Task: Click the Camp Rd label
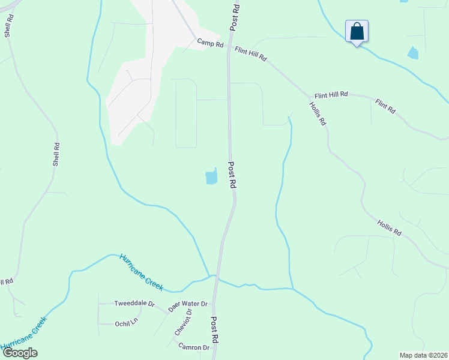(x=210, y=43)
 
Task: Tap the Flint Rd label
(x=385, y=107)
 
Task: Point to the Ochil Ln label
(x=127, y=324)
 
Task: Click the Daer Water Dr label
(x=187, y=307)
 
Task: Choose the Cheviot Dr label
(x=182, y=322)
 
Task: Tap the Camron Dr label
(x=194, y=347)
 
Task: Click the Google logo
(x=20, y=353)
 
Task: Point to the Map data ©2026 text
(x=423, y=355)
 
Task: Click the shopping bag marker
(x=357, y=32)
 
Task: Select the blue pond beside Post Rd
(x=211, y=177)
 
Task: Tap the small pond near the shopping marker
(x=413, y=53)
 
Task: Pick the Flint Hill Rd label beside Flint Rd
(x=331, y=95)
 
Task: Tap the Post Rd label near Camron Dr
(x=214, y=330)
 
